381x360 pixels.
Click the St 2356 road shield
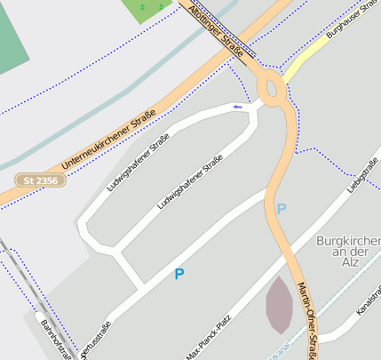[39, 180]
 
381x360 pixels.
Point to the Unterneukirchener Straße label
[108, 140]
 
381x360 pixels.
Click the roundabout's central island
[272, 87]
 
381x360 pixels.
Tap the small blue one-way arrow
[237, 107]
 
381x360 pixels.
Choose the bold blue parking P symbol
[179, 275]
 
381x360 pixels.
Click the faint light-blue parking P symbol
[282, 210]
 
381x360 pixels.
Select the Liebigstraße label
[363, 175]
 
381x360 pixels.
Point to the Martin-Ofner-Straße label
[306, 320]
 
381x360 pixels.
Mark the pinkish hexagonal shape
[278, 305]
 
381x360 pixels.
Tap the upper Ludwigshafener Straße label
[137, 162]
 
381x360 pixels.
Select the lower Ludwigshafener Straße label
[189, 181]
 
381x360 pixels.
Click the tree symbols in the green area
[149, 7]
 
